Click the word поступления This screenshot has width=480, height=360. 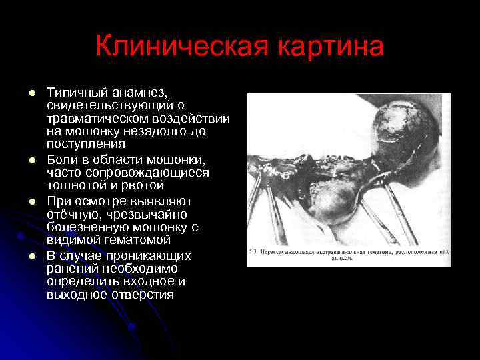point(86,144)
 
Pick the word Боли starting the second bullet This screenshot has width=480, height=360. point(62,160)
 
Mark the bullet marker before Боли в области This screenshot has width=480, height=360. point(30,161)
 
